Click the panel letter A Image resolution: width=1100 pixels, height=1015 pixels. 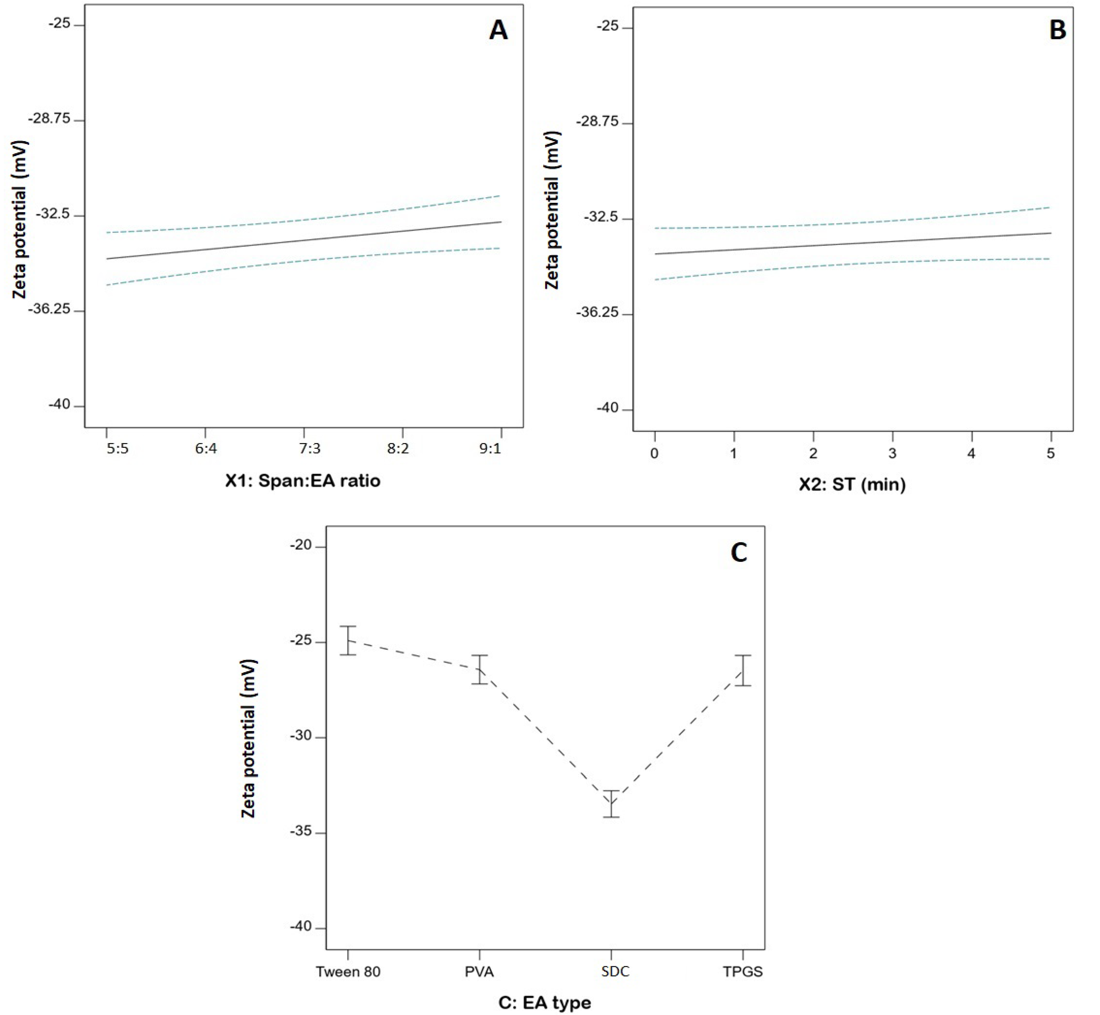click(x=498, y=31)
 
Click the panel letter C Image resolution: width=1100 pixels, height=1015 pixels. click(x=739, y=553)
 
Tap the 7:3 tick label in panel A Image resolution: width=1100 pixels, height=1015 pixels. click(x=309, y=449)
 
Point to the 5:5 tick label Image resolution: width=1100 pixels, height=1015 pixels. click(x=117, y=449)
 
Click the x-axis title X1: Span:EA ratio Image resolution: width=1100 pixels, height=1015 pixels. click(x=303, y=481)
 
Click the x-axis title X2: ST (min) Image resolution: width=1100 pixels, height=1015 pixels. click(x=852, y=485)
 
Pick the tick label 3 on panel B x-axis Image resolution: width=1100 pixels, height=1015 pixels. click(x=892, y=454)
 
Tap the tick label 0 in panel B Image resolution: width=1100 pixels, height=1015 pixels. click(x=654, y=454)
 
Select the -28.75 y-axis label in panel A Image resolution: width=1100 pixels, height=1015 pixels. click(x=49, y=119)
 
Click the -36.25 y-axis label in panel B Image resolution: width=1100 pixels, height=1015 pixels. click(x=597, y=312)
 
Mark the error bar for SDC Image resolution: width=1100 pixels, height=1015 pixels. click(x=611, y=804)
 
